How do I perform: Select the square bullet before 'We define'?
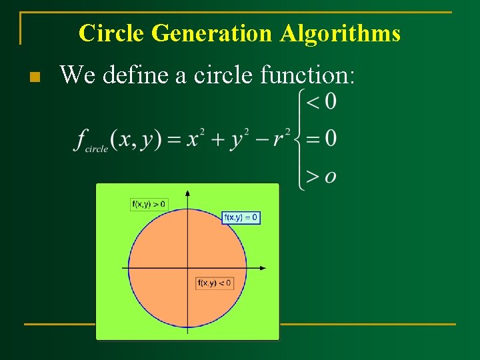tap(35, 77)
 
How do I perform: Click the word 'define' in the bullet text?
tap(136, 75)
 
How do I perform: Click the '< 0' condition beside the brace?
tap(321, 101)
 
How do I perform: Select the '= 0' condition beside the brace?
tap(321, 139)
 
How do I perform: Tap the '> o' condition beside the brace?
tap(321, 176)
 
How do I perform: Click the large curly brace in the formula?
tap(299, 139)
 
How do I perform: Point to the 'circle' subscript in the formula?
tap(97, 149)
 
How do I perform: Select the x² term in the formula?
tap(196, 138)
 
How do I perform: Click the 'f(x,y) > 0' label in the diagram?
tap(149, 204)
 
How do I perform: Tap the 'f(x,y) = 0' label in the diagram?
tap(241, 218)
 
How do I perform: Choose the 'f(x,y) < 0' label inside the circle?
tap(215, 283)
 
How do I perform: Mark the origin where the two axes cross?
tap(188, 268)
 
